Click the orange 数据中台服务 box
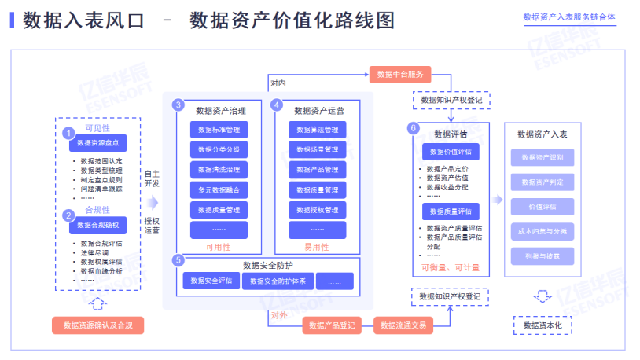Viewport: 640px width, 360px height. point(400,75)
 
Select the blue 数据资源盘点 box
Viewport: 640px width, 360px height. point(98,143)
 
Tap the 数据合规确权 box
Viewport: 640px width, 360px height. point(98,226)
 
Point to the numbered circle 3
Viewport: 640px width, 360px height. point(178,105)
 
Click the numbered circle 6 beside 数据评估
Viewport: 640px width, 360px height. point(414,127)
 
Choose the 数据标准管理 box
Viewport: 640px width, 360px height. point(219,129)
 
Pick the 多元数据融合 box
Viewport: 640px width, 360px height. point(219,189)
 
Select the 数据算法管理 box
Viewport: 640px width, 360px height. point(317,129)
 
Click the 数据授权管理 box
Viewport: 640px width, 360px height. point(317,210)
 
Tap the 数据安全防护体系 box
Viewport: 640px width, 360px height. point(277,281)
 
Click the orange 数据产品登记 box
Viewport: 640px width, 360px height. point(332,325)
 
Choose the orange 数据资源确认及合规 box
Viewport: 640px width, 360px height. point(98,325)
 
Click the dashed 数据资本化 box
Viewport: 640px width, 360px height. point(542,325)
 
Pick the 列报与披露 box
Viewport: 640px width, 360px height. point(542,256)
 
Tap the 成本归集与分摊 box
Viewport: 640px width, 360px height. point(542,231)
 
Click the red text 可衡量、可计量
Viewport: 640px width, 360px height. point(451,268)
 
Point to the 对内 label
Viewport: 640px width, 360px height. point(278,83)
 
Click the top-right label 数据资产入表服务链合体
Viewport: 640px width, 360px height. point(568,17)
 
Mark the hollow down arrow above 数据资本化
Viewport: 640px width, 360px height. point(542,296)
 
